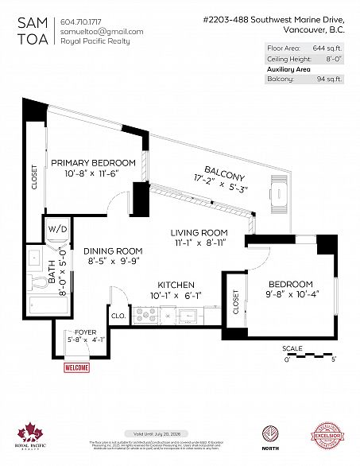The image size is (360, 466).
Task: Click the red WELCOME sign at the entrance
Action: [x=75, y=367]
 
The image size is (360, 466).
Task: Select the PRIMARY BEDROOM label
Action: [x=93, y=162]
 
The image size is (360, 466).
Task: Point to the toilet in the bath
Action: [x=35, y=280]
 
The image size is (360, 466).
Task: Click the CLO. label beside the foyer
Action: [x=117, y=315]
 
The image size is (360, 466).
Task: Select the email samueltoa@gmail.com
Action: [x=102, y=31]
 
